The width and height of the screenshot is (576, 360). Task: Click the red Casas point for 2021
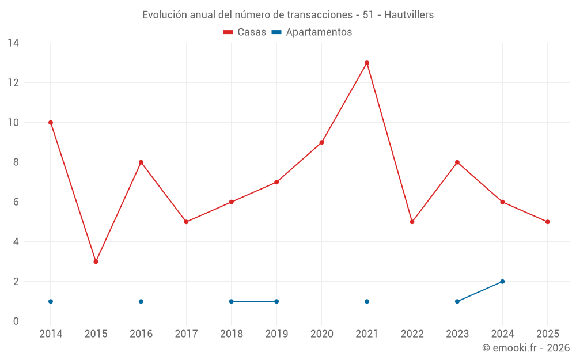coord(367,63)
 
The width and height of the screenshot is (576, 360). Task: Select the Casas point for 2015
coord(96,262)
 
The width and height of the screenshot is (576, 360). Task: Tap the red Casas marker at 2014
coord(51,123)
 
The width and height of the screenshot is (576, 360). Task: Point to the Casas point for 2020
coord(321,142)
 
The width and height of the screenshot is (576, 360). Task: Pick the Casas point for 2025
coord(547,222)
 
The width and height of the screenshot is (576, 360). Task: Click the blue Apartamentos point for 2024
coord(502,282)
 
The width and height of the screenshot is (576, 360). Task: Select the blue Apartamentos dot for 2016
coord(141,301)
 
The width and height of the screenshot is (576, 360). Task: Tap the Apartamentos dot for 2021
coord(367,301)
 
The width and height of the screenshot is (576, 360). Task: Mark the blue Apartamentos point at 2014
coord(51,301)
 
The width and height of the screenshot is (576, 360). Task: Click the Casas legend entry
coord(245,32)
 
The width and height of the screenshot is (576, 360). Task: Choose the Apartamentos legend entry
coord(312,32)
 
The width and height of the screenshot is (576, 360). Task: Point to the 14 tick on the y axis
coord(13,43)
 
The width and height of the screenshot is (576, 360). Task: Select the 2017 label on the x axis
coord(186,334)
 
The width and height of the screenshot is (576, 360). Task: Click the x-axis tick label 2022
coord(412,334)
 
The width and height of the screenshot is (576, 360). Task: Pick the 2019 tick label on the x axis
coord(276,334)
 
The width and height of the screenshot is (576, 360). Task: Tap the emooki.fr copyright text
coord(525,348)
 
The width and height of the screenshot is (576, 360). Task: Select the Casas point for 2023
coord(457,162)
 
